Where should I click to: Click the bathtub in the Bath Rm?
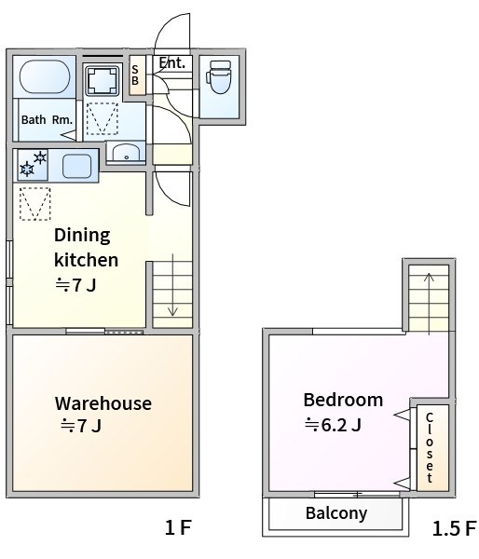coord(45,76)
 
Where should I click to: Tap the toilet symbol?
coord(219,77)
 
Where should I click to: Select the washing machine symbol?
coord(103,80)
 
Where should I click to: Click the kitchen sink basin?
coord(76,166)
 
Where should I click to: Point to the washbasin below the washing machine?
coord(126,153)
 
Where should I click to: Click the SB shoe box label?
coord(135,75)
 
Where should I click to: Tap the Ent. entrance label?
coord(172,62)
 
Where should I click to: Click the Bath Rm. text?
coord(47,120)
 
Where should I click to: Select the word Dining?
coord(82,236)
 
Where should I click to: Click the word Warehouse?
coord(103,403)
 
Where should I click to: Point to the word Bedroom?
coord(343,400)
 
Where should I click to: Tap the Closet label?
coord(430,447)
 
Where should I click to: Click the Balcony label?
coord(336,513)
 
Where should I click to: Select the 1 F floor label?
coord(178,527)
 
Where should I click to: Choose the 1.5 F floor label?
coord(455,528)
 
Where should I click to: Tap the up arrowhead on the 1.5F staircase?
coord(429,277)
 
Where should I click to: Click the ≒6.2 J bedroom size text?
coord(333,425)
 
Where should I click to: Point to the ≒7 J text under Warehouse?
coord(81,426)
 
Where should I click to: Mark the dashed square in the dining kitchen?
coord(35,204)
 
